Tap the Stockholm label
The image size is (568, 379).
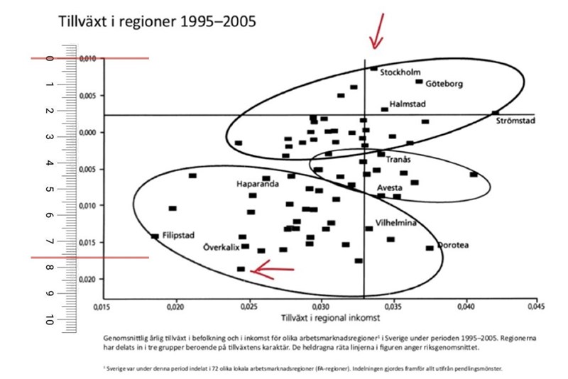pyautogui.click(x=401, y=72)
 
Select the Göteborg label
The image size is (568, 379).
pyautogui.click(x=444, y=84)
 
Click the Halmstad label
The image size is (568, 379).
pyautogui.click(x=408, y=104)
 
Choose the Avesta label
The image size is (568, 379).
pyautogui.click(x=390, y=188)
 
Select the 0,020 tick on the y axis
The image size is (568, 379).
pyautogui.click(x=88, y=279)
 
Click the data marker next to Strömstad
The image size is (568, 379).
pyautogui.click(x=496, y=113)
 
